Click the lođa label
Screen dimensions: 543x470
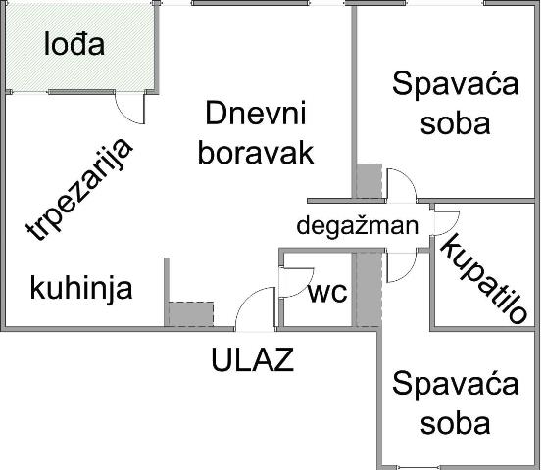pos(74,44)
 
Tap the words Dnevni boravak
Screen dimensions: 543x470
pos(256,133)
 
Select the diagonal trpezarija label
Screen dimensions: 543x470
pos(79,190)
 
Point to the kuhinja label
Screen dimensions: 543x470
pos(81,289)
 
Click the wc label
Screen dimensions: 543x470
pos(327,293)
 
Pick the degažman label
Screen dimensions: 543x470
pos(358,226)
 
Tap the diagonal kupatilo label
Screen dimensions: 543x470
pos(484,279)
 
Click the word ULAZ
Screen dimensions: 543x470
pos(253,359)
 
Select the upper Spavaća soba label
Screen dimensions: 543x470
pos(456,104)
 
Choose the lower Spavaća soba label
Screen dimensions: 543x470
pos(456,402)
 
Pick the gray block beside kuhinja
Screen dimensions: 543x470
pos(191,313)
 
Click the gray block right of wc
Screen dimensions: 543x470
pos(369,289)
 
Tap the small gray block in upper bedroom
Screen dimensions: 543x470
pos(370,180)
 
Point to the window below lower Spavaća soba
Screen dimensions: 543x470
pos(419,468)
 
